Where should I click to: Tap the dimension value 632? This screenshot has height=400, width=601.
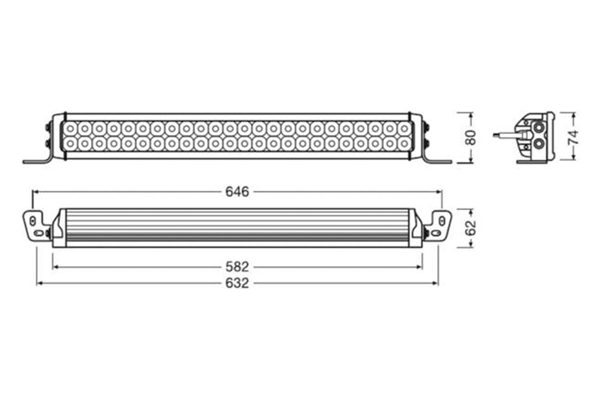[237, 283]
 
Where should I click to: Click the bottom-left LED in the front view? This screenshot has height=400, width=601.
[70, 144]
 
